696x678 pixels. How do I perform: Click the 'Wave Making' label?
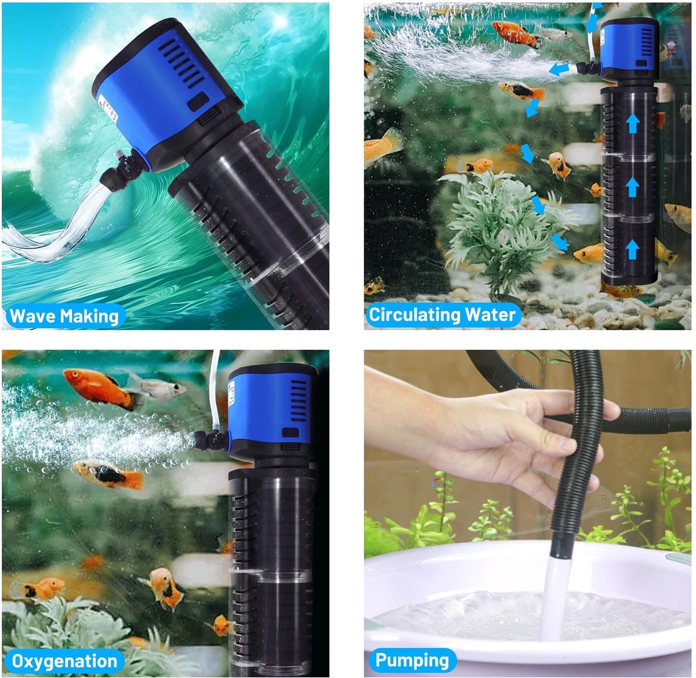point(64,316)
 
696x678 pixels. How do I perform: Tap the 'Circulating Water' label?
point(442,315)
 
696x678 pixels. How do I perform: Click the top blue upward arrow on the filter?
point(633,124)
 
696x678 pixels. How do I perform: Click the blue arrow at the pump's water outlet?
point(559,70)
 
